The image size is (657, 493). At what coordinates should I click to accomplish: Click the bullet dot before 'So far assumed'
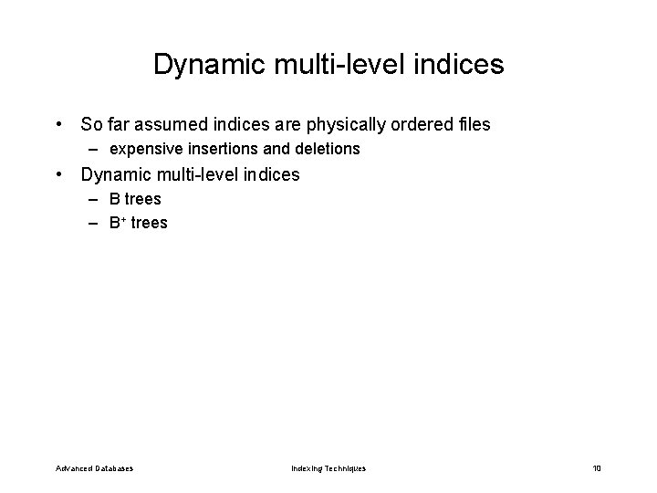point(58,123)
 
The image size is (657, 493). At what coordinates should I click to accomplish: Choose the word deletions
point(326,148)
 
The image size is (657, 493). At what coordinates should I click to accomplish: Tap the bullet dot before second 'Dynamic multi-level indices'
point(58,174)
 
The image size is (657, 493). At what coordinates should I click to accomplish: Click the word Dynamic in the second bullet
point(116,174)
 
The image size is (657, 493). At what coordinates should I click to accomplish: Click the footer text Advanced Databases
point(94,468)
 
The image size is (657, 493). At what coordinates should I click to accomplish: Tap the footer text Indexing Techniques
point(328,468)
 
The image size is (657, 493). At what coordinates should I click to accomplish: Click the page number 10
point(597,468)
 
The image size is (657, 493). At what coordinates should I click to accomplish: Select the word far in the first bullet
point(121,123)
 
